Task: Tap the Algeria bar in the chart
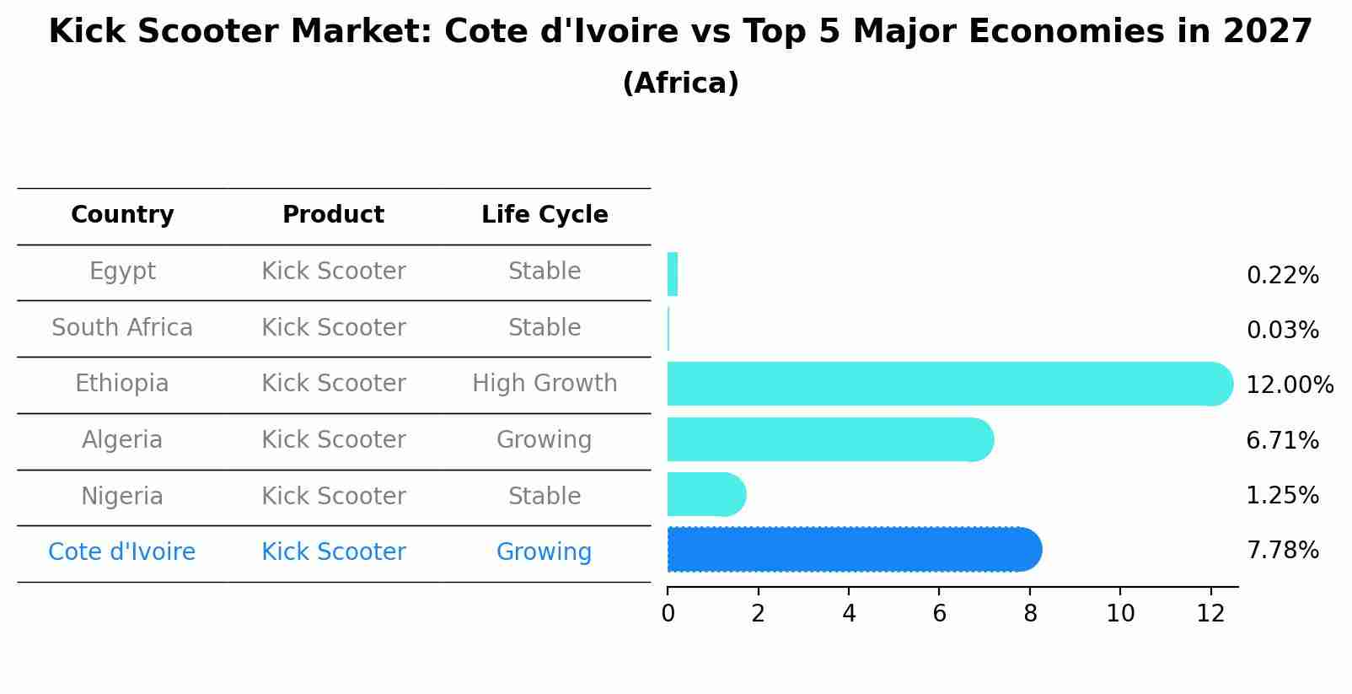pos(829,439)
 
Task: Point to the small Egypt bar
pos(673,274)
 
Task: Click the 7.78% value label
pos(1282,551)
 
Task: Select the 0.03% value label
pos(1282,331)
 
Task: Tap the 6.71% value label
pos(1282,440)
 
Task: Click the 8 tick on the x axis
pos(1030,614)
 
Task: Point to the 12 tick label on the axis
pos(1210,614)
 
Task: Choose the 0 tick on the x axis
pos(668,614)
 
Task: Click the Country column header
pos(122,215)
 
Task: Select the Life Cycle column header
pos(545,215)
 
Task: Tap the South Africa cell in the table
pos(122,327)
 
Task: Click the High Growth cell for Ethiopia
pos(545,384)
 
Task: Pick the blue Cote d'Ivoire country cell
pos(122,552)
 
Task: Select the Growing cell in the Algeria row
pos(545,440)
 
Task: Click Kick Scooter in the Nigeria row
pos(334,496)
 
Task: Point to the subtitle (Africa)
pos(680,83)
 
